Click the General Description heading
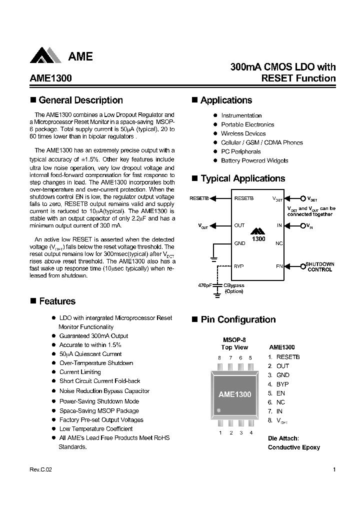[80, 100]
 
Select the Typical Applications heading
[242, 178]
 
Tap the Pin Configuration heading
[238, 319]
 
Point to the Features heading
[57, 301]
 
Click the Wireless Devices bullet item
[243, 133]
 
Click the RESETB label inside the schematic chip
[244, 198]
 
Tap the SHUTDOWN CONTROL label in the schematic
[319, 266]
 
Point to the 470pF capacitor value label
[205, 285]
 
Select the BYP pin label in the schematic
[238, 266]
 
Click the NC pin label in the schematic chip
[279, 243]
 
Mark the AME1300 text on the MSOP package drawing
[234, 394]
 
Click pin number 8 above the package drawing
[219, 357]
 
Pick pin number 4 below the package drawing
[250, 432]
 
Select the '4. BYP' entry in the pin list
[278, 384]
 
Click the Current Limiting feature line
[80, 372]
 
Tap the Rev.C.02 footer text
[40, 469]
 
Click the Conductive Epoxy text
[293, 447]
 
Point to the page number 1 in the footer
[333, 469]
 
